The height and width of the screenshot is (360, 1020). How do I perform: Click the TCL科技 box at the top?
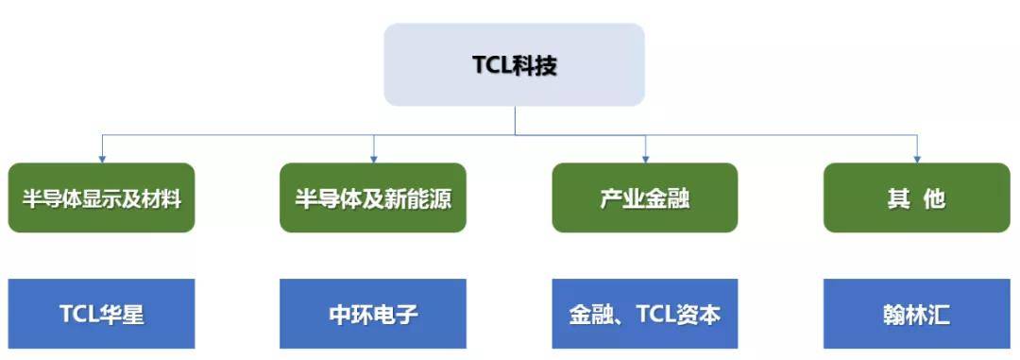point(514,64)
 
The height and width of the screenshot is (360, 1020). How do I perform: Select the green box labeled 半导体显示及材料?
point(102,197)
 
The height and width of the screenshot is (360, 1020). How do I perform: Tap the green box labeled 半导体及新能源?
point(373,197)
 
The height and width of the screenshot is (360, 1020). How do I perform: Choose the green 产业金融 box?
point(645,197)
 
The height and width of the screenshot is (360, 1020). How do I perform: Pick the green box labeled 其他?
point(916,197)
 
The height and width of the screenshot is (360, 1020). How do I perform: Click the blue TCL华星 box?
point(102,314)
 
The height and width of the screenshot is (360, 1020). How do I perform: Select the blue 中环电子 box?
point(373,314)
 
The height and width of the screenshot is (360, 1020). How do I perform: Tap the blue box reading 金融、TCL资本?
point(645,314)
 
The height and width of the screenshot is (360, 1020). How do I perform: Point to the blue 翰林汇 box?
point(916,314)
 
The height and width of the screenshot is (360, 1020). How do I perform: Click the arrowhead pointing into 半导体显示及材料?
point(102,157)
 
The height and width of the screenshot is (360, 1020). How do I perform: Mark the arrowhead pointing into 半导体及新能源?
point(374,157)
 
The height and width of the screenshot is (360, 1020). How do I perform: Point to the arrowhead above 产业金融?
point(645,157)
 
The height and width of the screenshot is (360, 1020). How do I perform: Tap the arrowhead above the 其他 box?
point(916,157)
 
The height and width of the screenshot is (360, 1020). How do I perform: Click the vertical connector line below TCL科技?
point(515,120)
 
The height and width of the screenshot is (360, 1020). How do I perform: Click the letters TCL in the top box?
point(491,65)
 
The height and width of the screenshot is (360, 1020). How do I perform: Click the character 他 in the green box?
point(933,199)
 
